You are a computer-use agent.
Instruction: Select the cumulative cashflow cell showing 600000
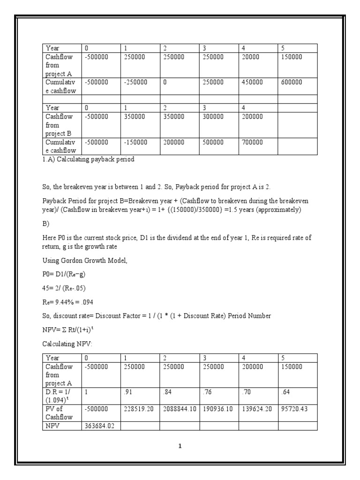pyautogui.click(x=292, y=82)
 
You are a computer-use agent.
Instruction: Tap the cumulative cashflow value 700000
pyautogui.click(x=252, y=142)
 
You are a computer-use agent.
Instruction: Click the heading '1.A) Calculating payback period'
pyautogui.click(x=88, y=159)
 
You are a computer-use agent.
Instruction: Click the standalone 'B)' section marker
pyautogui.click(x=45, y=224)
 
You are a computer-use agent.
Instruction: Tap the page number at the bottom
pyautogui.click(x=180, y=446)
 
